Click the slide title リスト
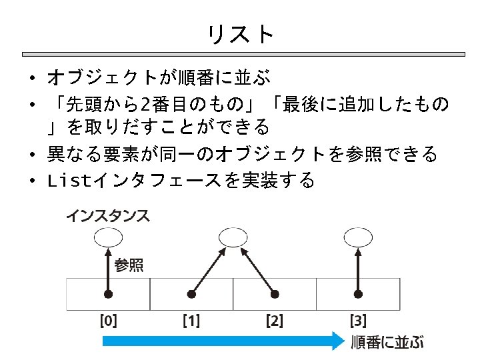click(240, 33)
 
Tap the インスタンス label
click(108, 215)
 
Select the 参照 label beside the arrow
click(129, 265)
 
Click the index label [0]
click(108, 321)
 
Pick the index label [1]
click(191, 321)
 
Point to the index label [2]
click(274, 321)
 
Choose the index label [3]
click(358, 321)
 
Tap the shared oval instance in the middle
click(233, 236)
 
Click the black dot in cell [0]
click(107, 293)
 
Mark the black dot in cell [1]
click(191, 293)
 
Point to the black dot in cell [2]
click(275, 293)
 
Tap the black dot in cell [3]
click(358, 293)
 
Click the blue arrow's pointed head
click(337, 341)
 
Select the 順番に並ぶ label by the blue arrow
click(387, 342)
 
